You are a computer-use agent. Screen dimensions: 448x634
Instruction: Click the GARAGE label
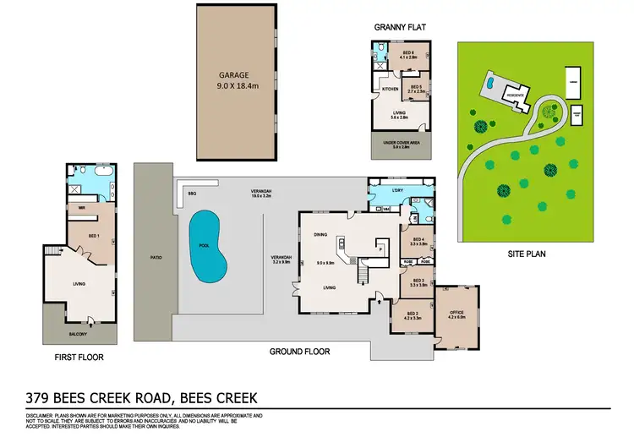click(235, 74)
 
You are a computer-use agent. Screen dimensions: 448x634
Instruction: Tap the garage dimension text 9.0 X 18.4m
click(235, 85)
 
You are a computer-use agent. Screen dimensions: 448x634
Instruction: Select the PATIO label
click(156, 257)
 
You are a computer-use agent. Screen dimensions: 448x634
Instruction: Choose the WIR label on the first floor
click(82, 207)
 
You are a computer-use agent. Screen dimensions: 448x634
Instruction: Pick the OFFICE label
click(457, 313)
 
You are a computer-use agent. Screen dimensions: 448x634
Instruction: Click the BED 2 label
click(411, 313)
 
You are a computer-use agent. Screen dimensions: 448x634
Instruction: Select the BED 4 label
click(417, 240)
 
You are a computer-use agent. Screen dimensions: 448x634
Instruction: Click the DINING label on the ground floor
click(320, 235)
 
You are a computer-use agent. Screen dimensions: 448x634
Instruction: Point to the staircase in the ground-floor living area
click(365, 272)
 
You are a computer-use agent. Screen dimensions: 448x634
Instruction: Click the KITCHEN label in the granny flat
click(390, 89)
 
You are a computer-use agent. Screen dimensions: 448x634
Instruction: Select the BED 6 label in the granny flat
click(408, 53)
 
